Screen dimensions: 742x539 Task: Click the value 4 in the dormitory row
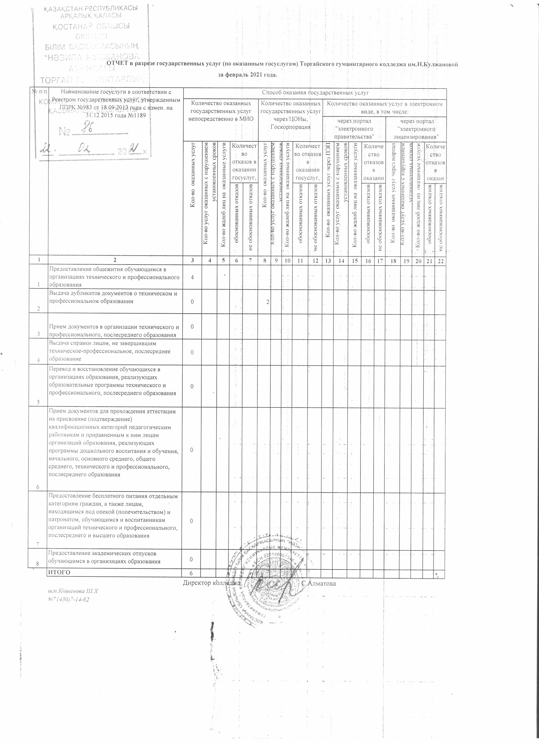192,277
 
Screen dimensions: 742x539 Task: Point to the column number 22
440,260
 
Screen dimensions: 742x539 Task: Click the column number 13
328,260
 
